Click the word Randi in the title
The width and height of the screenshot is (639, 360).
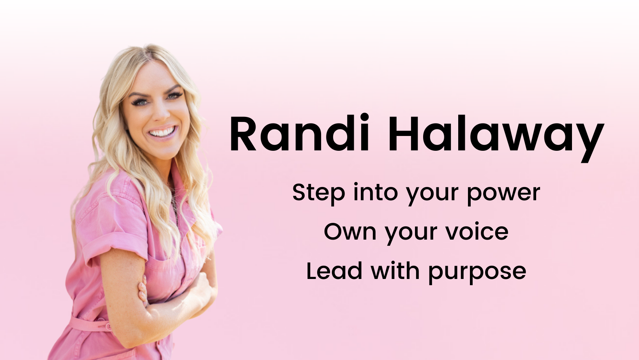click(x=300, y=132)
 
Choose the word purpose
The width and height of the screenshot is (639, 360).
click(x=478, y=273)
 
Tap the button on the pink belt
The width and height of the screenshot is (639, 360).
click(x=109, y=326)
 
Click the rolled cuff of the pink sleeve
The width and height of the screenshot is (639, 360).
click(x=114, y=246)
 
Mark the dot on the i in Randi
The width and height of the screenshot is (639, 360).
click(x=365, y=117)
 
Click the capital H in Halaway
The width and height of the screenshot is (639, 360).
click(x=404, y=133)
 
